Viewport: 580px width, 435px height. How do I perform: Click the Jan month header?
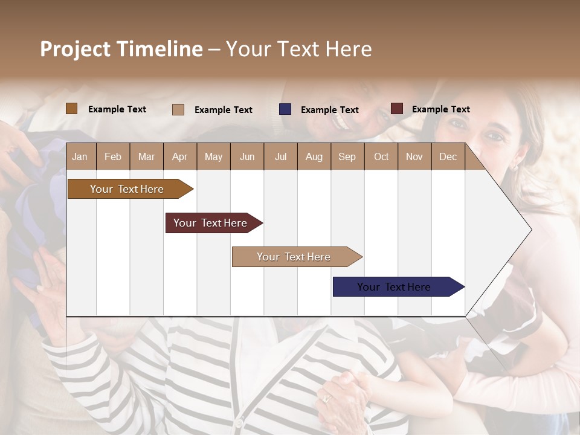tap(80, 156)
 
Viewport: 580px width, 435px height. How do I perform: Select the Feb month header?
tap(113, 156)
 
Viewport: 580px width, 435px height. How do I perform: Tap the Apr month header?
tap(179, 156)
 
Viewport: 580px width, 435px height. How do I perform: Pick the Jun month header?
tap(247, 156)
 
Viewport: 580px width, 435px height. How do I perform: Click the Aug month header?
tap(314, 156)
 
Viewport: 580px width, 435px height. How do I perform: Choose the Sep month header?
tap(347, 156)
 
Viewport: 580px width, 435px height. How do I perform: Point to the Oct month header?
tap(381, 156)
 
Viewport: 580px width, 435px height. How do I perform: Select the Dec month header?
tap(448, 156)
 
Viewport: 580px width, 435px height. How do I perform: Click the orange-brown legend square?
tap(71, 109)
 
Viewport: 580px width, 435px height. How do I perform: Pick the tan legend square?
tap(178, 109)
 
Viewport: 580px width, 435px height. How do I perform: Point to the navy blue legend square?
tap(285, 109)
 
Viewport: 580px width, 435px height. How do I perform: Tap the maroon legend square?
tap(396, 109)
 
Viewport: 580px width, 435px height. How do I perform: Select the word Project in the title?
tap(76, 49)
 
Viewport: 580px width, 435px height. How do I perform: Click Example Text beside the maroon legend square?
tap(440, 109)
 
